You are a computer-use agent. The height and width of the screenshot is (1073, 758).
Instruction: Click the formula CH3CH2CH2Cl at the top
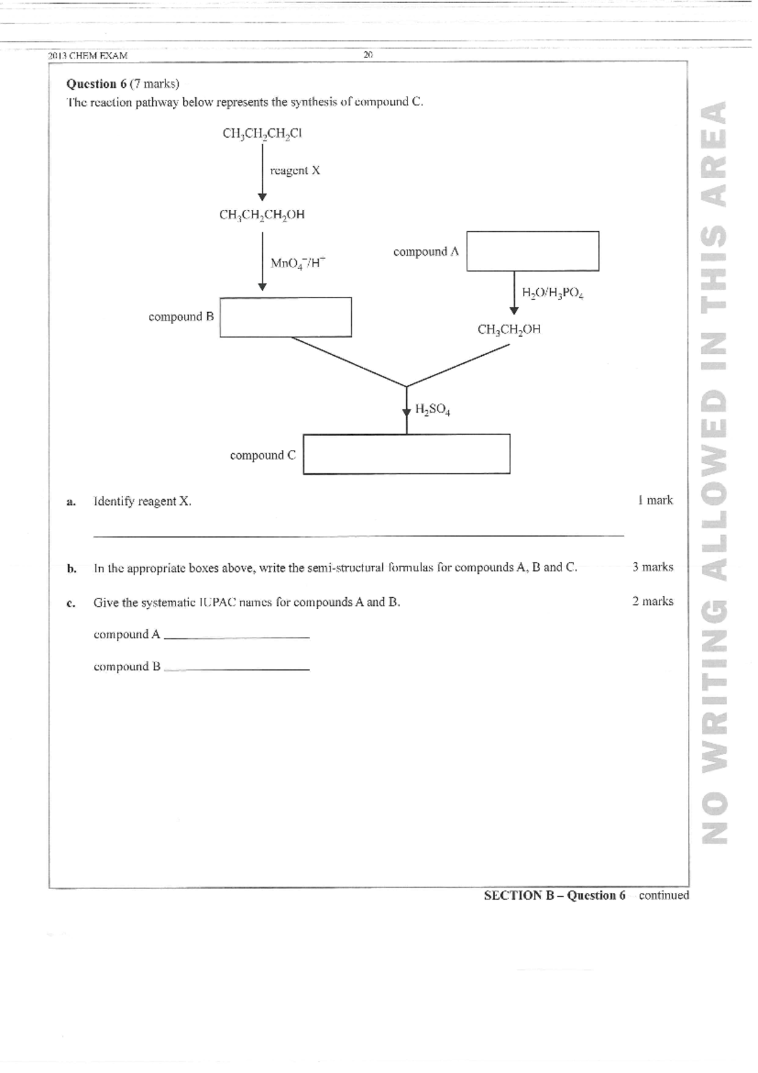point(262,133)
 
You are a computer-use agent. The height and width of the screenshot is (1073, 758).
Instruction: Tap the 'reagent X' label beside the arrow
point(295,171)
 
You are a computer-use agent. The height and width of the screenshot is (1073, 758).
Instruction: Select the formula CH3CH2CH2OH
point(262,215)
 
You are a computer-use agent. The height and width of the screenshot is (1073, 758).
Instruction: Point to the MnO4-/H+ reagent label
point(298,263)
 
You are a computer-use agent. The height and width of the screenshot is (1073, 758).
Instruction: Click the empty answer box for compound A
point(532,251)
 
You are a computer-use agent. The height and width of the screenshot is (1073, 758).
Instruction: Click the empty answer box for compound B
point(286,317)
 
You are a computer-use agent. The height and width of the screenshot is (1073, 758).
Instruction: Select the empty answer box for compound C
point(406,454)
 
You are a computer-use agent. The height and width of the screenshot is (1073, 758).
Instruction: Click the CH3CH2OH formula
point(509,329)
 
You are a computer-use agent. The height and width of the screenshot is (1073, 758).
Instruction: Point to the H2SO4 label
point(433,409)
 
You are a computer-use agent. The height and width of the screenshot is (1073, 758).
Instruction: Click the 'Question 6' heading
point(92,83)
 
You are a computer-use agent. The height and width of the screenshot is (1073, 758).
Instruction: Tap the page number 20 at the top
point(369,55)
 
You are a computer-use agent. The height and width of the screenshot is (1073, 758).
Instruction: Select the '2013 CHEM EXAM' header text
point(88,56)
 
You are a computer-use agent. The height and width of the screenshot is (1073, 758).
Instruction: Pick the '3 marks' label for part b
point(653,567)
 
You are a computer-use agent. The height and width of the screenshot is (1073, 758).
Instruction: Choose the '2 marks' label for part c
point(653,601)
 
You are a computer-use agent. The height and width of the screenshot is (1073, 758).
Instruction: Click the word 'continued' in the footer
point(664,895)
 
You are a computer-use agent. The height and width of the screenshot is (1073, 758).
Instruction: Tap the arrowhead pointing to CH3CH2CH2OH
point(262,197)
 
